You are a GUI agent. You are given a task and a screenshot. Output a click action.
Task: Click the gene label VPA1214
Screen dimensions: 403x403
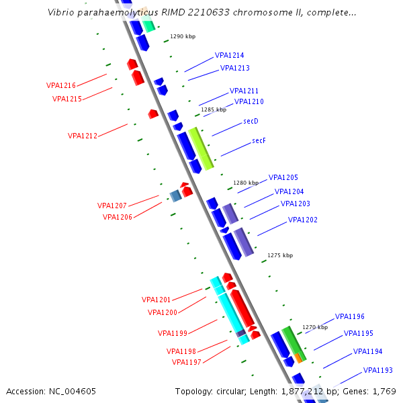(x=230, y=55)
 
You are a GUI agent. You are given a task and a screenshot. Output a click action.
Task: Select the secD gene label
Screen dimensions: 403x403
(x=251, y=121)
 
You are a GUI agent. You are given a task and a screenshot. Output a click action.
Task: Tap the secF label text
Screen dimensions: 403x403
(x=259, y=140)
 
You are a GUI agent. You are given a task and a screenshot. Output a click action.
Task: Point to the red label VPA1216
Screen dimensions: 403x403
(x=61, y=85)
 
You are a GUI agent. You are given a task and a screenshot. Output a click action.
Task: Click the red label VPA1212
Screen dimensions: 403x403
(x=83, y=136)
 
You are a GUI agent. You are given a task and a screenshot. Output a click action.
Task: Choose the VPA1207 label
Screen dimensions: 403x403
(x=112, y=206)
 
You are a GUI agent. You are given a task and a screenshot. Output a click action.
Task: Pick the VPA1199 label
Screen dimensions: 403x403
(x=173, y=332)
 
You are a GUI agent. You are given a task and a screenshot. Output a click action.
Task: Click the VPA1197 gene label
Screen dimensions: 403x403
(x=187, y=362)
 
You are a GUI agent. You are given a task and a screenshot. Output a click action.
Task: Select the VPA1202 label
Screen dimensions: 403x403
(x=303, y=220)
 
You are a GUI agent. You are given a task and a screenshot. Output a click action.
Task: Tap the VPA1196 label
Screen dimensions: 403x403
(x=350, y=316)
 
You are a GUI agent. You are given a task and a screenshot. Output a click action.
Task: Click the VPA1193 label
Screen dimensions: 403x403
(x=378, y=370)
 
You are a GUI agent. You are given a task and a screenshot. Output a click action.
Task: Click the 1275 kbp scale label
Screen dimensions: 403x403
(x=280, y=255)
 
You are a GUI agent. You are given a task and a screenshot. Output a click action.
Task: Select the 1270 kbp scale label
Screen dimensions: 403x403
(x=315, y=327)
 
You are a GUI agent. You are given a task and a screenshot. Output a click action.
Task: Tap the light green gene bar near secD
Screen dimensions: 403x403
(x=201, y=148)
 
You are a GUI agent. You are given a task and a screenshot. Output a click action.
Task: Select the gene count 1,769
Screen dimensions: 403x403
(x=382, y=391)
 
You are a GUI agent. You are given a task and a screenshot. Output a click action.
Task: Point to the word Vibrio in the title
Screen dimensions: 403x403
(x=64, y=12)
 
